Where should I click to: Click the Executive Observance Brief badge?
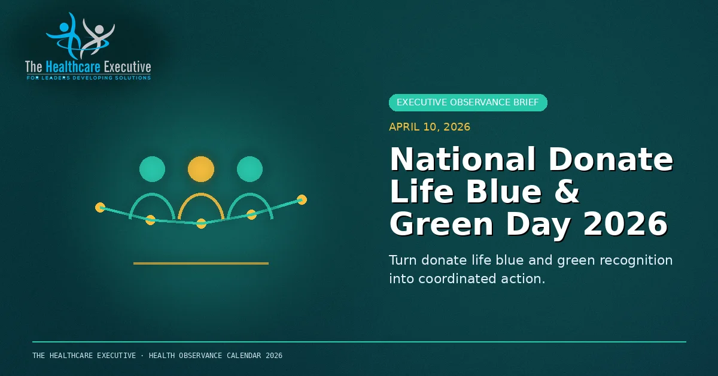[x=468, y=102]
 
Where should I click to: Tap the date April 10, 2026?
[x=430, y=127]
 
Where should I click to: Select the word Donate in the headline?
[x=611, y=159]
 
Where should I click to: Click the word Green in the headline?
[x=442, y=223]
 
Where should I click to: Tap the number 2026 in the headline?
[x=625, y=223]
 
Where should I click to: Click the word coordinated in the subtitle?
[x=457, y=278]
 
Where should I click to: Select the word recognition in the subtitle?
[x=636, y=260]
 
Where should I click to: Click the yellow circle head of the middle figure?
[x=201, y=169]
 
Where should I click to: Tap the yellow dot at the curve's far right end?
[x=302, y=199]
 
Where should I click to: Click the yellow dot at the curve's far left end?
[x=101, y=208]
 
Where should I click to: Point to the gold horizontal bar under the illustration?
[x=201, y=263]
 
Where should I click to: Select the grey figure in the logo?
[x=97, y=37]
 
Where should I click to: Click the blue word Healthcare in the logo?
[x=73, y=66]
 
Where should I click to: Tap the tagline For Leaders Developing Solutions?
[x=89, y=78]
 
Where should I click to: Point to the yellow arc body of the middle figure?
[x=201, y=194]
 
